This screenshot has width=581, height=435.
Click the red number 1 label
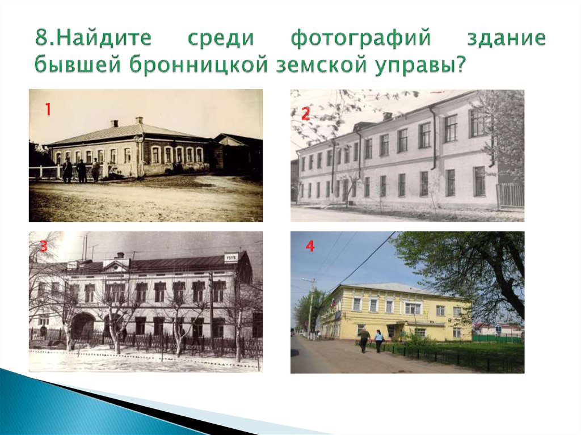48,109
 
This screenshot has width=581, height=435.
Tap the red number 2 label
305,115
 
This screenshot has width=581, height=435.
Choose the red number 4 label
310,247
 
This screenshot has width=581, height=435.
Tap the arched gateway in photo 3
83,327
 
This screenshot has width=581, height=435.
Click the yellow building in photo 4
397,312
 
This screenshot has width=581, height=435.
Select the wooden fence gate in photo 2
510,195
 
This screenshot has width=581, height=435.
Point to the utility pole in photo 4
311,309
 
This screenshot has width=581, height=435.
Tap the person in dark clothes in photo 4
364,340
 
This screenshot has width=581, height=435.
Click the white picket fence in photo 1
45,172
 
